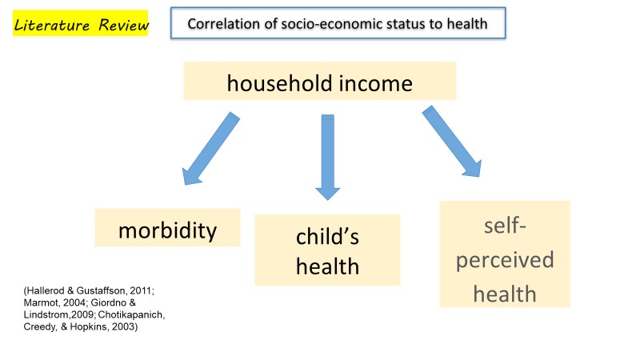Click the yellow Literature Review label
[81, 23]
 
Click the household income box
[319, 81]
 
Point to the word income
[375, 83]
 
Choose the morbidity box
[167, 228]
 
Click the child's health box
[327, 250]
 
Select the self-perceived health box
[505, 254]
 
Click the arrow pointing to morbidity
[210, 149]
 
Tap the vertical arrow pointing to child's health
[328, 157]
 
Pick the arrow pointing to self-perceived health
[452, 142]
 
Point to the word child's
[327, 236]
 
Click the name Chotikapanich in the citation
[131, 314]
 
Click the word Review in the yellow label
[124, 25]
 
